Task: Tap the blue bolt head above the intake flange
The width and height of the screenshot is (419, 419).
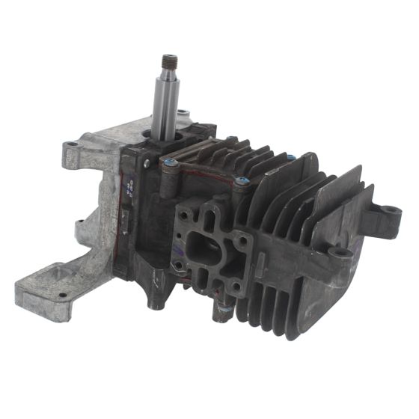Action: [x=241, y=180]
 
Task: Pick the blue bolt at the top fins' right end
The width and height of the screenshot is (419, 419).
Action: [x=290, y=157]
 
